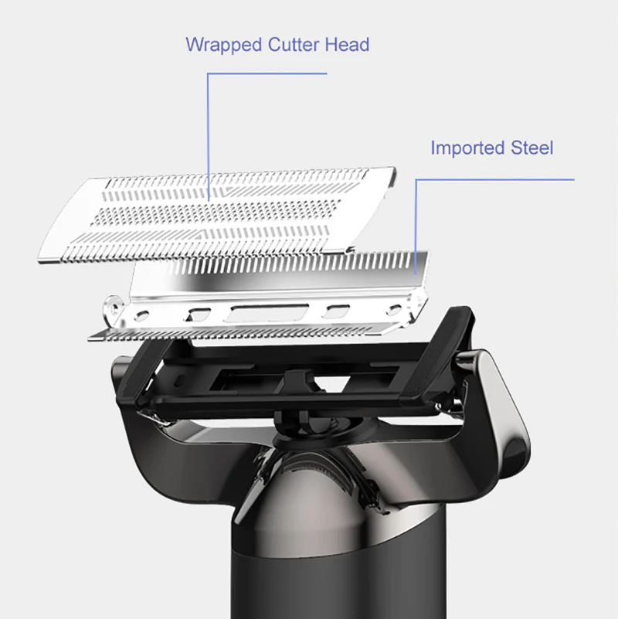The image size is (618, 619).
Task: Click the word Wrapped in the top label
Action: (x=223, y=44)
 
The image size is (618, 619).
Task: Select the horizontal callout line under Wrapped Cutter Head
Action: (x=267, y=74)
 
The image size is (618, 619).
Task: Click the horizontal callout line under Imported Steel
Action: (x=495, y=179)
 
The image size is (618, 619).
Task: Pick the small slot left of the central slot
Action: (x=198, y=315)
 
